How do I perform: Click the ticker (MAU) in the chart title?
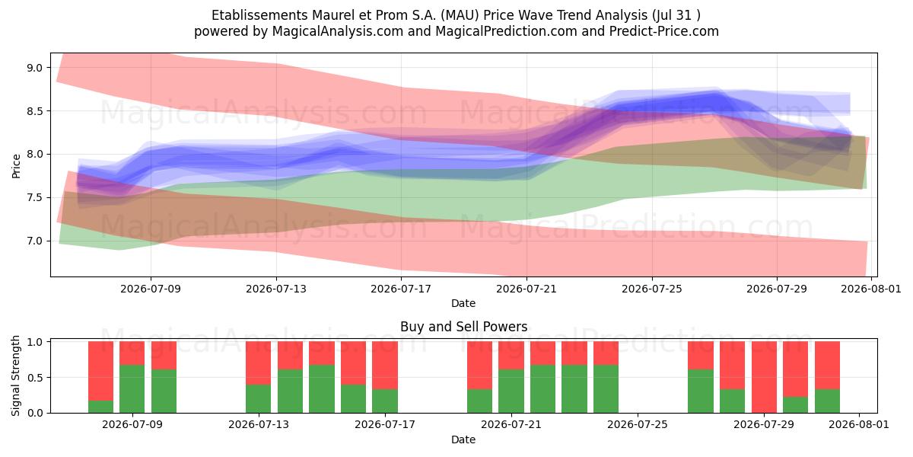click(460, 15)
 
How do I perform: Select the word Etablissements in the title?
click(259, 15)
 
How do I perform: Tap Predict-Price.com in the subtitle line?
click(664, 31)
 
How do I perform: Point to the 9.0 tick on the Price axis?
click(35, 68)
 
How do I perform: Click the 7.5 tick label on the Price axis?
click(35, 198)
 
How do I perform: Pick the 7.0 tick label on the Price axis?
click(35, 241)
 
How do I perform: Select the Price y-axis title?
click(16, 166)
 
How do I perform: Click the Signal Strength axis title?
click(15, 376)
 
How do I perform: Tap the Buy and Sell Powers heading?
click(464, 327)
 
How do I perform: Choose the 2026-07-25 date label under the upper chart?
click(652, 289)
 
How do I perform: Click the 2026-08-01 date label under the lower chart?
click(859, 424)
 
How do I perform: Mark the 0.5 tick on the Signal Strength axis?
click(35, 378)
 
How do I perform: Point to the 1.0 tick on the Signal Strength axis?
click(35, 342)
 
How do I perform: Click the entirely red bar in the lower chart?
click(764, 377)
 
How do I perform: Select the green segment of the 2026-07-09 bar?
click(132, 389)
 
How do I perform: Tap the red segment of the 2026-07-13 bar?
click(258, 363)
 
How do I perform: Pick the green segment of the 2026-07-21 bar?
click(511, 391)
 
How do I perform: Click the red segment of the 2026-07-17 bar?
click(385, 365)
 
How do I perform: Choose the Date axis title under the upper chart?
click(463, 304)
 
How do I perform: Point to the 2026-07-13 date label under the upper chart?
click(276, 289)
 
